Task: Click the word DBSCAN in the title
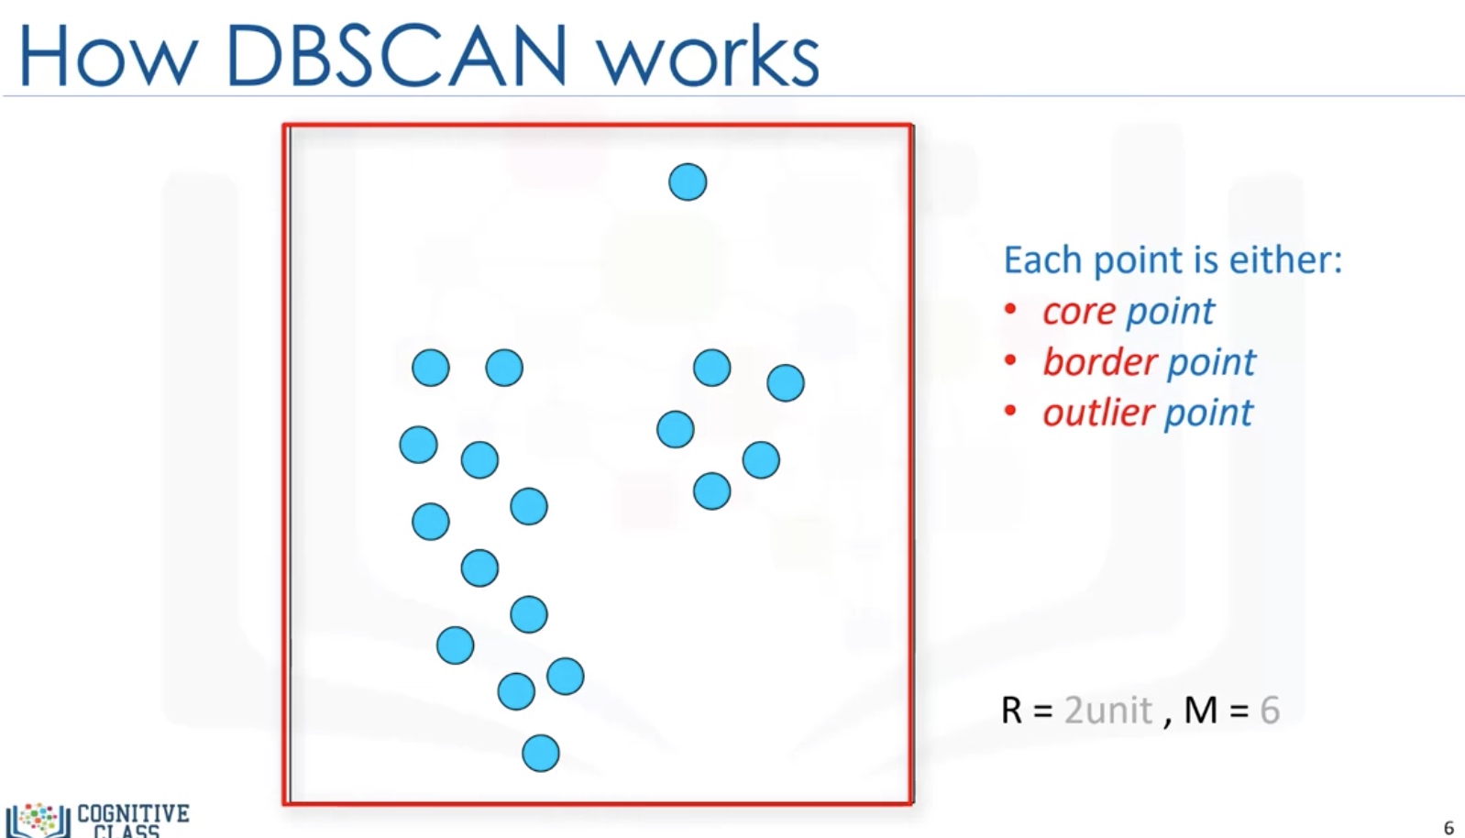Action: [395, 56]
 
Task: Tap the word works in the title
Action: [708, 58]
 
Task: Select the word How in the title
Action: [107, 56]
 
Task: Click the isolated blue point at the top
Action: [688, 182]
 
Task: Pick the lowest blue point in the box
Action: [540, 754]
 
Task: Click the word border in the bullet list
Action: [1099, 362]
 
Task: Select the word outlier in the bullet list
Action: [1097, 413]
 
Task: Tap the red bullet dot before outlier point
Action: [1010, 412]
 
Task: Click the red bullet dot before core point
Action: [1010, 310]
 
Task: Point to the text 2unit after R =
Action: [1107, 711]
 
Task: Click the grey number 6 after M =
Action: [1270, 711]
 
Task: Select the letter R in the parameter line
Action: [1011, 711]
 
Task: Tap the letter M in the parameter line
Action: [1201, 711]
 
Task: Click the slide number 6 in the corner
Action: [1448, 828]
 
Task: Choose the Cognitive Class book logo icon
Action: [38, 820]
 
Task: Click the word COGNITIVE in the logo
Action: [133, 813]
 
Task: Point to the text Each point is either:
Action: [1172, 260]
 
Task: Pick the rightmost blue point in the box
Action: [785, 383]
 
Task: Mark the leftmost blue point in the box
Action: [418, 445]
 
